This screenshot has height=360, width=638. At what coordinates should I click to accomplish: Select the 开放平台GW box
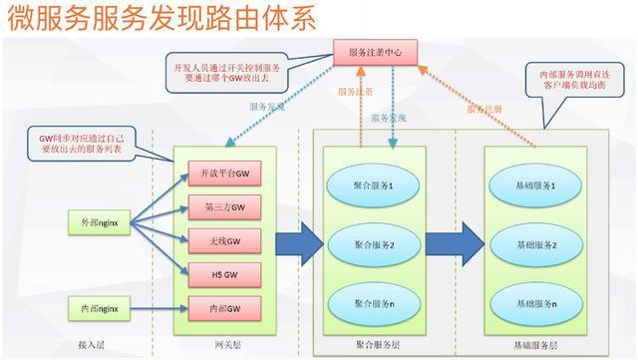(x=216, y=175)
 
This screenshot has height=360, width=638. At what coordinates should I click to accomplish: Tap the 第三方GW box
(x=216, y=207)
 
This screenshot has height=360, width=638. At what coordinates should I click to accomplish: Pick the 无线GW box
(x=216, y=240)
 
